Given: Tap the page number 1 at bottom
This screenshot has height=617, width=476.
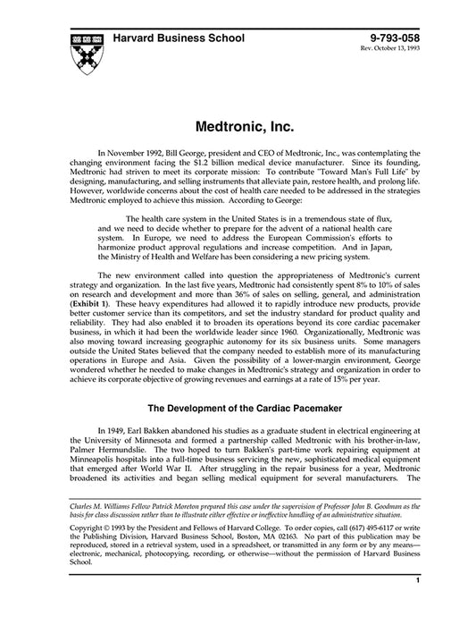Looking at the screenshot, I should (416, 604).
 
